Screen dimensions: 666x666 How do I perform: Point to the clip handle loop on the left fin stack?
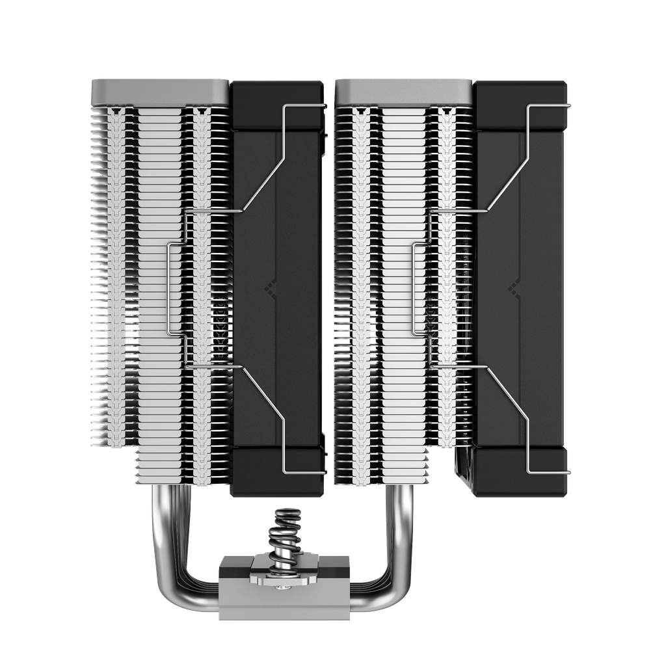coord(171,288)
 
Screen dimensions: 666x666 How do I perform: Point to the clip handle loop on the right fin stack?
coord(414,288)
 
